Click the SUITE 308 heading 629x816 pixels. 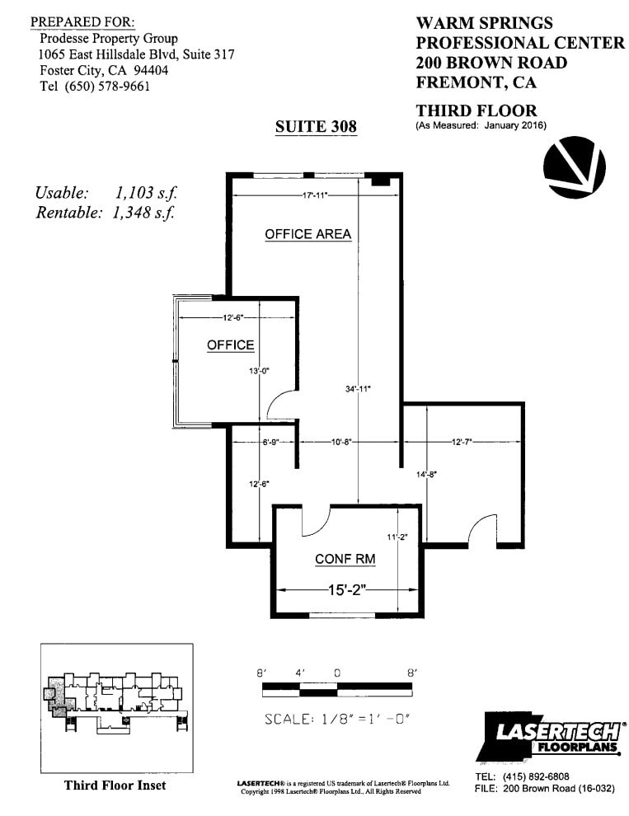[316, 126]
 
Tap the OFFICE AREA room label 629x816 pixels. [307, 234]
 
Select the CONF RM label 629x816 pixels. [345, 559]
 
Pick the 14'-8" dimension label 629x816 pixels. [427, 474]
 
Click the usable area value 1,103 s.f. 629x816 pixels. [146, 193]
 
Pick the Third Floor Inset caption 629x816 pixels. [115, 785]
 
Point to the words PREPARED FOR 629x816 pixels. [82, 21]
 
